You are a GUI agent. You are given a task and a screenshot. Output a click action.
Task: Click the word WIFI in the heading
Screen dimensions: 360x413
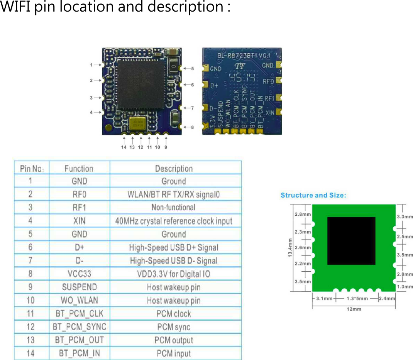(16, 7)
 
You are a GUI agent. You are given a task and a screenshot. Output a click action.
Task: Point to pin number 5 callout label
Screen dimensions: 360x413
(192, 68)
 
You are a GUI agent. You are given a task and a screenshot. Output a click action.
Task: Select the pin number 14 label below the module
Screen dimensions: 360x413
(124, 147)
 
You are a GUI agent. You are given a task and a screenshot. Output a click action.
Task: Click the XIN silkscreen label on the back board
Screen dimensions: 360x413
(270, 112)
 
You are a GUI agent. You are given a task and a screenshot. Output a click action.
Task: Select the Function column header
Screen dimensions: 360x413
(79, 169)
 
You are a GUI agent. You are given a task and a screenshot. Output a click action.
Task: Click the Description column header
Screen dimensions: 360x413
(174, 169)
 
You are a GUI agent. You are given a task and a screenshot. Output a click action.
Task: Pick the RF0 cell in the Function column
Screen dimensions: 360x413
(80, 194)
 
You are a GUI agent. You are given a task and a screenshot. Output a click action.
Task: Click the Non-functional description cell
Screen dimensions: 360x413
(174, 208)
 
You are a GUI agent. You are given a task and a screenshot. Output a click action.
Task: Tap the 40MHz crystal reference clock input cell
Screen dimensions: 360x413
(174, 221)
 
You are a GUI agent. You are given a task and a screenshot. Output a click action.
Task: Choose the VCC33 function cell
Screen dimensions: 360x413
(80, 274)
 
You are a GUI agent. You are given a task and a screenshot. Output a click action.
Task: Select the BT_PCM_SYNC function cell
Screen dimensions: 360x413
(80, 327)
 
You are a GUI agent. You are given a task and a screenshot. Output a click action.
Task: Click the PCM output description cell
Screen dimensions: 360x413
(174, 340)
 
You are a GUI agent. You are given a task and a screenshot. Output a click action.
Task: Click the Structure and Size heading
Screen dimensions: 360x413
(313, 195)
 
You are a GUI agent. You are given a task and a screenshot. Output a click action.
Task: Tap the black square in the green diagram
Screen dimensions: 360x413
(351, 241)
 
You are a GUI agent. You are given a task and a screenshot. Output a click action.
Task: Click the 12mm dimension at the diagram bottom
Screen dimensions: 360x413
(354, 309)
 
